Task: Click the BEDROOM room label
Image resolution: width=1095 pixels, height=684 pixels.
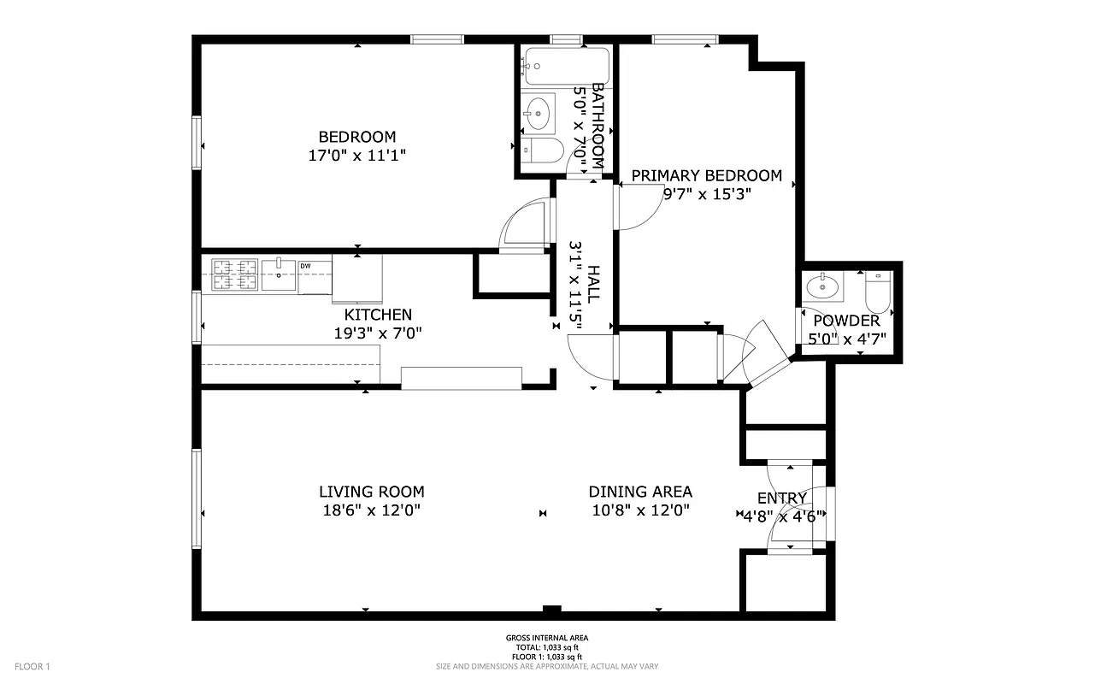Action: tap(356, 137)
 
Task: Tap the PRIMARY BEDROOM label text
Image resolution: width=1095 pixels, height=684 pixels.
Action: tap(706, 176)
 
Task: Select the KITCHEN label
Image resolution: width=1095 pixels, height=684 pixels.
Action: tap(378, 315)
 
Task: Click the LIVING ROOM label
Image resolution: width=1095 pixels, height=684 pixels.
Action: tap(371, 492)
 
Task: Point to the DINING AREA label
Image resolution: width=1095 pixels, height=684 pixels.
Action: tap(640, 492)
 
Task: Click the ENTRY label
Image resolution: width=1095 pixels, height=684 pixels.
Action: tap(781, 498)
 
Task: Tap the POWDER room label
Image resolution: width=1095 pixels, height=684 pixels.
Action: tap(845, 321)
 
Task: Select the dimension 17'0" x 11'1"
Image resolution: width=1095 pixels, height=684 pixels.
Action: tap(356, 156)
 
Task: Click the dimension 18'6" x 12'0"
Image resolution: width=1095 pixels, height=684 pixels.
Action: tap(371, 510)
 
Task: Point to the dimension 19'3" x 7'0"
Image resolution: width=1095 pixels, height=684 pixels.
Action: tap(378, 333)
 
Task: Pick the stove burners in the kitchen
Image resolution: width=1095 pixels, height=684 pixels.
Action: tap(235, 274)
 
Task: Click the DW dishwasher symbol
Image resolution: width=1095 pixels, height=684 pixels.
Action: tap(305, 267)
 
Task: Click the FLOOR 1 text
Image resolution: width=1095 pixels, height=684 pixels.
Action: tap(33, 666)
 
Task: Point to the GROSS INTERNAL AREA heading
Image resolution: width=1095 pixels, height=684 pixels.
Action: tap(546, 638)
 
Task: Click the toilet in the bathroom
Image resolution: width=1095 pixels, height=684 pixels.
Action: tap(542, 150)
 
